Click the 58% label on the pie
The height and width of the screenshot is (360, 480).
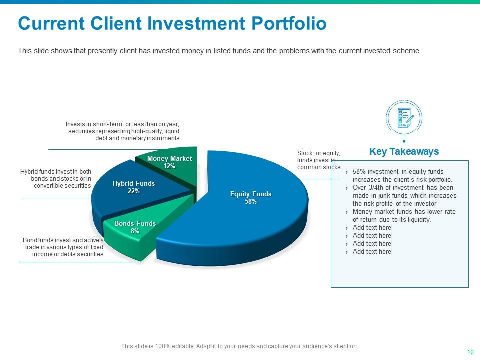tap(250, 202)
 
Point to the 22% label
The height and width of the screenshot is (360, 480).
tap(133, 191)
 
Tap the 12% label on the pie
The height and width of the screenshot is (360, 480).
tap(169, 166)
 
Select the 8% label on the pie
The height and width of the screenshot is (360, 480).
tap(135, 231)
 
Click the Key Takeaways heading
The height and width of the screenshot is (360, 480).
tap(404, 152)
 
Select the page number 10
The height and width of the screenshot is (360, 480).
tap(470, 352)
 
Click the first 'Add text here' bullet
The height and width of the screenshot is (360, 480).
tap(372, 228)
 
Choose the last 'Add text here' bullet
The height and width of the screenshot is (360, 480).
tap(372, 252)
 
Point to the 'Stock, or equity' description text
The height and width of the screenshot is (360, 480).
tap(318, 160)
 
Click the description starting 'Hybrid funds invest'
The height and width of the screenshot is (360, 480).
tap(56, 178)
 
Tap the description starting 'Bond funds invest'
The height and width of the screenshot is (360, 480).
tap(63, 247)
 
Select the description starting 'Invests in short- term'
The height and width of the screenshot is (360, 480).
tap(122, 131)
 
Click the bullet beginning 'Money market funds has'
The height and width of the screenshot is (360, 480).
tap(404, 216)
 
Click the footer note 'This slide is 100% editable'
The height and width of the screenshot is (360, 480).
tap(240, 346)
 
